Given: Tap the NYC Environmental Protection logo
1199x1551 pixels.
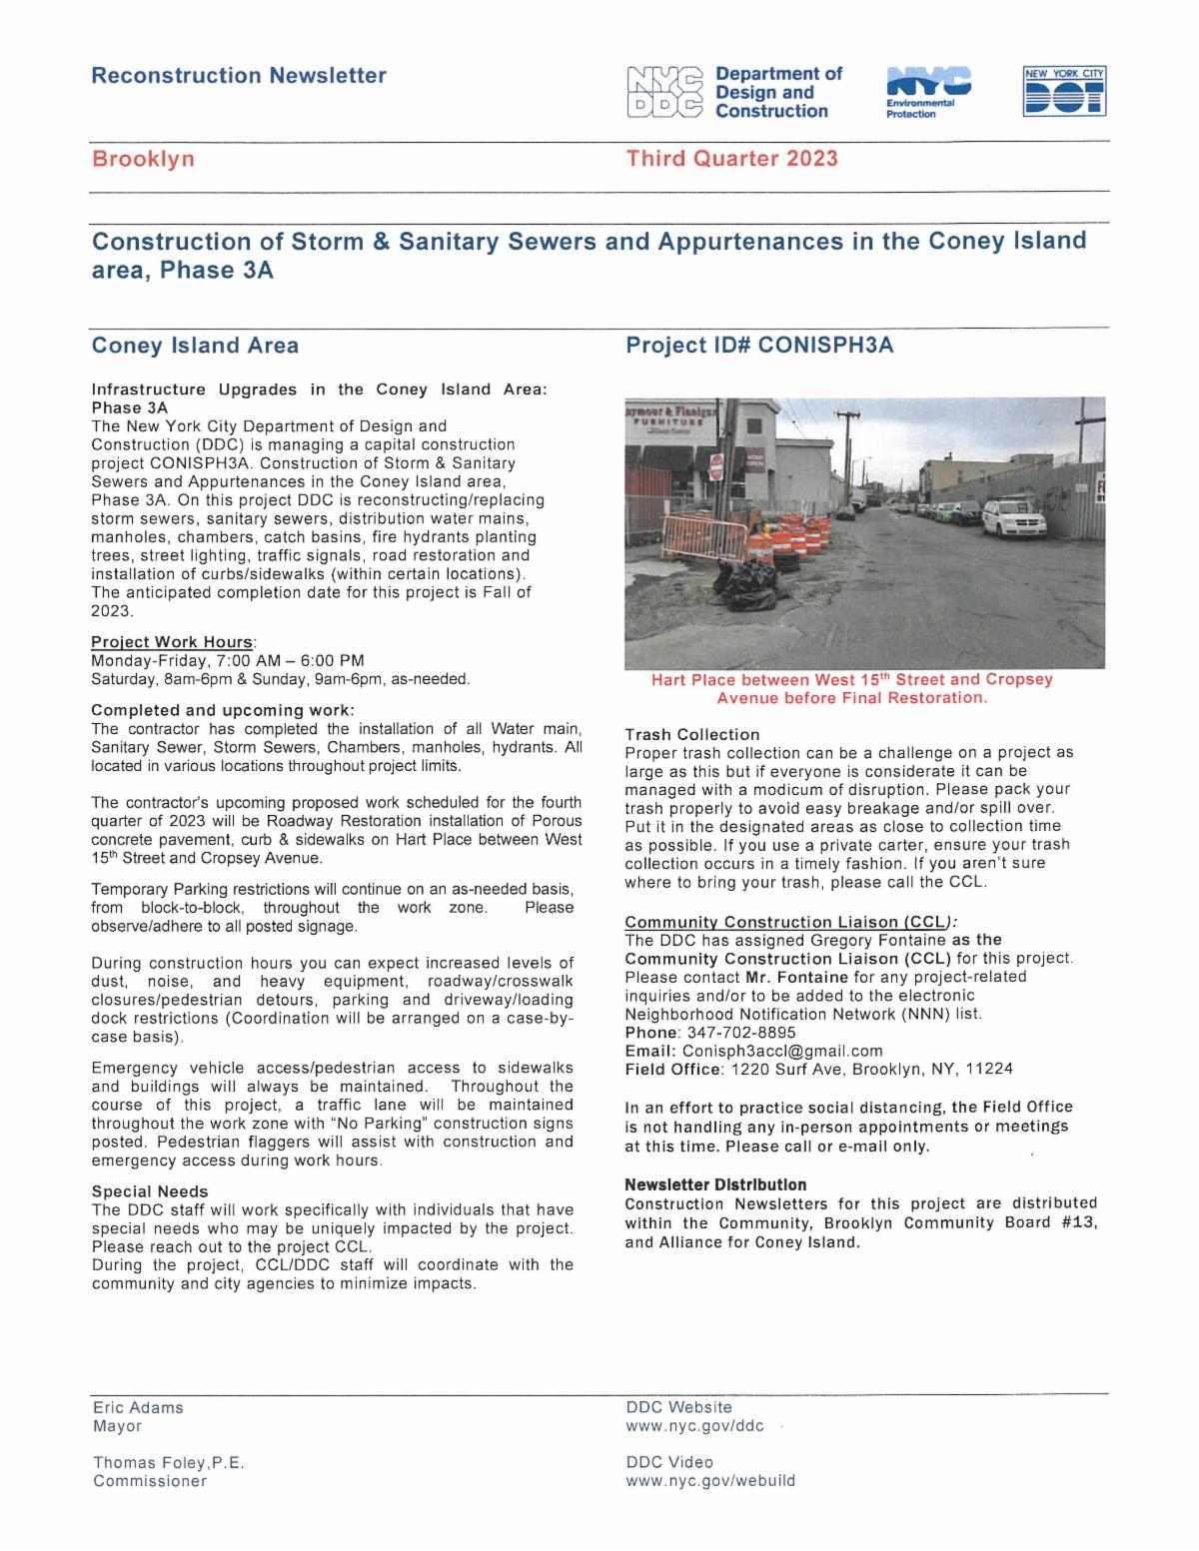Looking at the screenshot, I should pyautogui.click(x=927, y=93).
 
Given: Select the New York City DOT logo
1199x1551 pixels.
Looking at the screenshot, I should pyautogui.click(x=1065, y=93).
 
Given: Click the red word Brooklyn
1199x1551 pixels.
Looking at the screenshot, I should pyautogui.click(x=143, y=159).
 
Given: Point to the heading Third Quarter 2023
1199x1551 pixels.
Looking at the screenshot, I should pyautogui.click(x=731, y=159).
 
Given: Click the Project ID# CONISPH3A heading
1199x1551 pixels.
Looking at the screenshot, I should pyautogui.click(x=759, y=346).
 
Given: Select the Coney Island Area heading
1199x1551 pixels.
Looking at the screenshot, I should pyautogui.click(x=195, y=346).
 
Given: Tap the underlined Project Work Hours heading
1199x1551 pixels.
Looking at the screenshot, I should pyautogui.click(x=174, y=641).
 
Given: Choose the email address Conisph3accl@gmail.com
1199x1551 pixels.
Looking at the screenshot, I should pyautogui.click(x=782, y=1051).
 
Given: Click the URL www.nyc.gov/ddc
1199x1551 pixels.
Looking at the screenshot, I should pyautogui.click(x=694, y=1426).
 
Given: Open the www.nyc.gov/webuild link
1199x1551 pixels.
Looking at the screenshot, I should pyautogui.click(x=710, y=1481).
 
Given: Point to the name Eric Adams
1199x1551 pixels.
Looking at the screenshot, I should pyautogui.click(x=138, y=1407).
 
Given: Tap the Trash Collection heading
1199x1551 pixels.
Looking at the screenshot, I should pyautogui.click(x=691, y=734).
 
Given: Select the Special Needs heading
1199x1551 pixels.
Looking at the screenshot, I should pyautogui.click(x=150, y=1191).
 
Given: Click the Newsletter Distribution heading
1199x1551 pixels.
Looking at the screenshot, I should pyautogui.click(x=715, y=1184).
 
